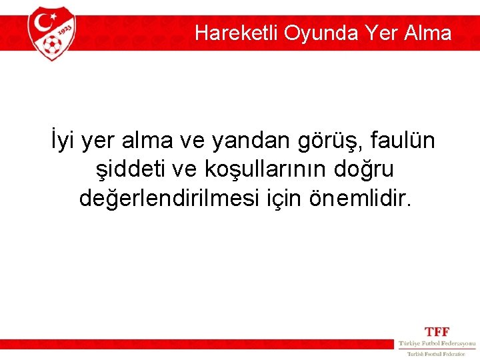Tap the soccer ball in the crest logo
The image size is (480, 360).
click(51, 45)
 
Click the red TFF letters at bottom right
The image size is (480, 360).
click(437, 332)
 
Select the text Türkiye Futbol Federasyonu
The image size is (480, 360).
click(437, 343)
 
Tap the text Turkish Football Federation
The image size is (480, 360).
click(437, 353)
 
